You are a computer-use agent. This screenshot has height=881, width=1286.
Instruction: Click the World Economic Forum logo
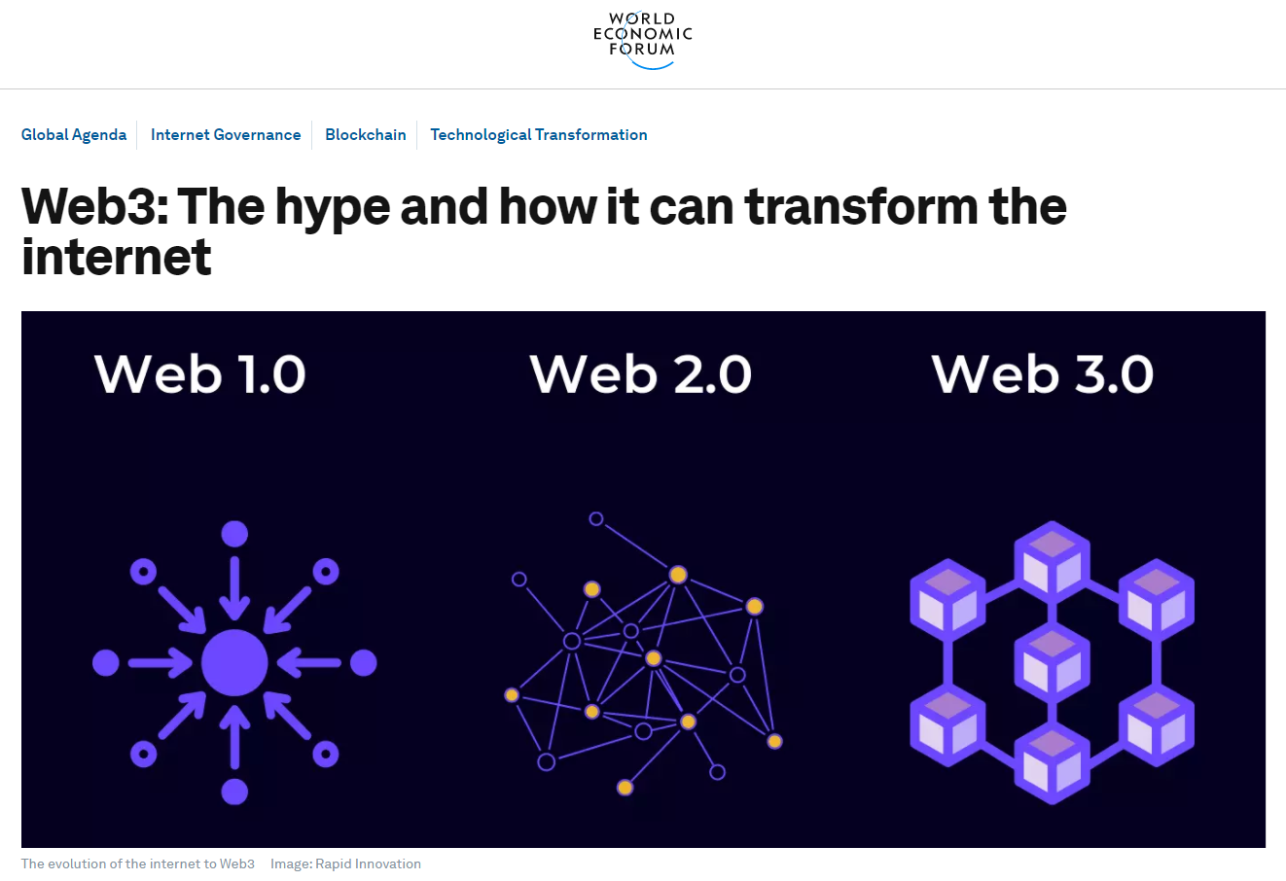pyautogui.click(x=642, y=40)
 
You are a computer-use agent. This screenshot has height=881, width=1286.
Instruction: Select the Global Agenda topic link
pyautogui.click(x=74, y=135)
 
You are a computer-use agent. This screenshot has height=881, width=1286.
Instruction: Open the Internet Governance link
pyautogui.click(x=226, y=135)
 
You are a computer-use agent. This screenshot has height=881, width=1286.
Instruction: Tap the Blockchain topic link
pyautogui.click(x=365, y=135)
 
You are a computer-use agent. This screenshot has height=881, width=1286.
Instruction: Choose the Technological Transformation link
pyautogui.click(x=539, y=135)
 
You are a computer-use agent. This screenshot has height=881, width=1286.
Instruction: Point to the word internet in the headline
pyautogui.click(x=117, y=257)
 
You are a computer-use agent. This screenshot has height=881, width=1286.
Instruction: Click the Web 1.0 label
pyautogui.click(x=199, y=374)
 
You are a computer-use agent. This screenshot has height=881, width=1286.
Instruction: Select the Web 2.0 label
pyautogui.click(x=640, y=374)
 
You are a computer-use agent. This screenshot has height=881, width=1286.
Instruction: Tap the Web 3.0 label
pyautogui.click(x=1042, y=374)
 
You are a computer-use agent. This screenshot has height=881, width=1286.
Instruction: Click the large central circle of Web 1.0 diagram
pyautogui.click(x=234, y=663)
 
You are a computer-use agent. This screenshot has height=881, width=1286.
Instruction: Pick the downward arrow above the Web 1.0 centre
pyautogui.click(x=234, y=588)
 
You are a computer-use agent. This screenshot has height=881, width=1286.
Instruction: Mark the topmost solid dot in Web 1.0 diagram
pyautogui.click(x=234, y=535)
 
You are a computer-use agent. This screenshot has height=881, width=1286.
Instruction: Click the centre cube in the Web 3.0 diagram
pyautogui.click(x=1052, y=664)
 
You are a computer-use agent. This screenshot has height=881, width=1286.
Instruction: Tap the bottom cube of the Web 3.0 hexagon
pyautogui.click(x=1052, y=764)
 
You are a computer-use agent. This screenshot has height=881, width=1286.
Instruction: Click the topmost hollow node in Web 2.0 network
pyautogui.click(x=596, y=519)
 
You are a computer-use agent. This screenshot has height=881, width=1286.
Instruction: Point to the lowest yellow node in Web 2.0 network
pyautogui.click(x=625, y=788)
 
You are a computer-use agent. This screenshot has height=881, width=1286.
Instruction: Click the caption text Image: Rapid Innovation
pyautogui.click(x=345, y=863)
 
